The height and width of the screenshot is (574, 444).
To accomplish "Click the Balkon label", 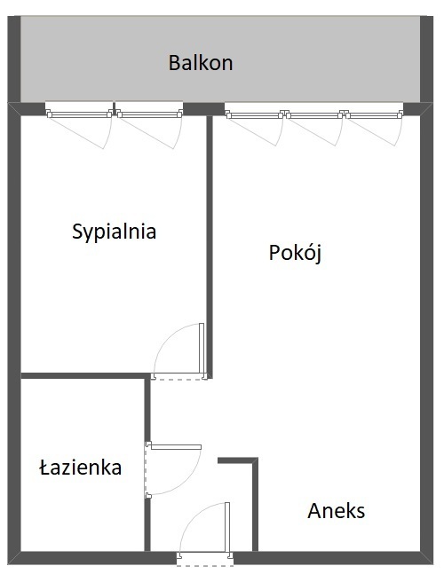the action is click(x=201, y=63).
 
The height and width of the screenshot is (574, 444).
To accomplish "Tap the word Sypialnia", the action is click(x=114, y=232).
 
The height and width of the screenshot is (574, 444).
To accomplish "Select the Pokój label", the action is click(x=296, y=253).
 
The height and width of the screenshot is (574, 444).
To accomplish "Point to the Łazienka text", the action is click(x=81, y=468).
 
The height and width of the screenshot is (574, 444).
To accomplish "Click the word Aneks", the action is click(x=337, y=511).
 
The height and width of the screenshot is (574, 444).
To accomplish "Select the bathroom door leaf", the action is click(x=176, y=447).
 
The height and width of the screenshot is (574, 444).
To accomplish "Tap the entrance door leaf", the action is click(x=227, y=528).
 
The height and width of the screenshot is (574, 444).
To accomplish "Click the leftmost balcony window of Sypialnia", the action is click(x=79, y=114).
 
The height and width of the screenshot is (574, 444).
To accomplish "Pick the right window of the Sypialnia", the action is click(x=149, y=114).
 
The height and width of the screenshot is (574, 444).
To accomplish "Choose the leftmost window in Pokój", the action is click(x=255, y=115).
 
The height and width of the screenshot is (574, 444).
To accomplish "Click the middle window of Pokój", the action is click(x=314, y=115).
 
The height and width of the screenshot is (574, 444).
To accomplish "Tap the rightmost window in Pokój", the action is click(x=374, y=115).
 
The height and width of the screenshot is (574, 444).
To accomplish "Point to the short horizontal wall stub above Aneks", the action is click(x=238, y=460).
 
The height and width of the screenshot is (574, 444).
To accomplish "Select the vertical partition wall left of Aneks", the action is click(x=255, y=505).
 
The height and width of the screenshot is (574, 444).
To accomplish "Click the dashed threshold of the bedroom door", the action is click(x=179, y=379).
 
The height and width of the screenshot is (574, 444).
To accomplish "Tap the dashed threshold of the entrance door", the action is click(x=205, y=564).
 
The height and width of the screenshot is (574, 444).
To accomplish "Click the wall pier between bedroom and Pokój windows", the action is click(x=203, y=109).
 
